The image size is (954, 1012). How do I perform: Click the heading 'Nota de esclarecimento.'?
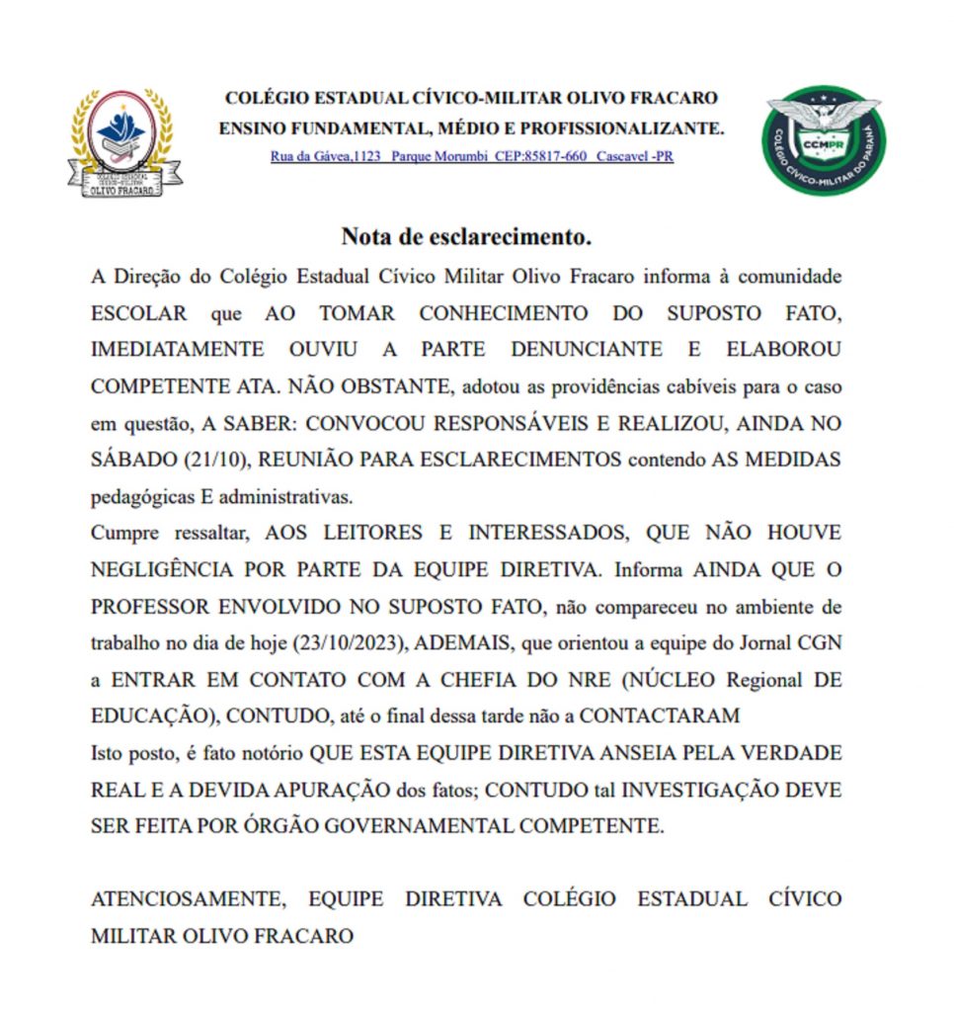466,236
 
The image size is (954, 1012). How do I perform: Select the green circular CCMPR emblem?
824,138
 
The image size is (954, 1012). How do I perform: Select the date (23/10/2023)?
349,642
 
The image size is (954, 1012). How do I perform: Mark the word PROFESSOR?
146,606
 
